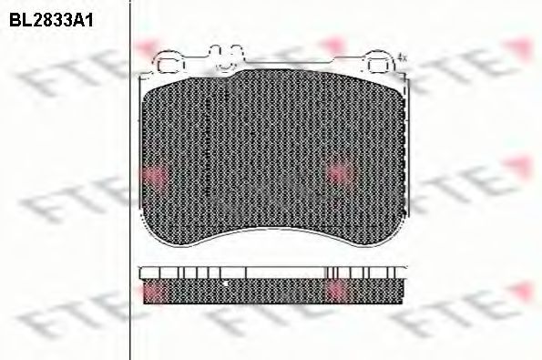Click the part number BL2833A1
coord(51,21)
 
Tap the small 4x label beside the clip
coord(402,57)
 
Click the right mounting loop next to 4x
coord(380,62)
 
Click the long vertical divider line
coord(130,180)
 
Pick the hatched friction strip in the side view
coord(273,292)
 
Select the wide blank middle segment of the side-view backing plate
coord(286,273)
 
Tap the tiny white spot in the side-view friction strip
coord(225,283)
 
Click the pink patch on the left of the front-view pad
coord(155,175)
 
